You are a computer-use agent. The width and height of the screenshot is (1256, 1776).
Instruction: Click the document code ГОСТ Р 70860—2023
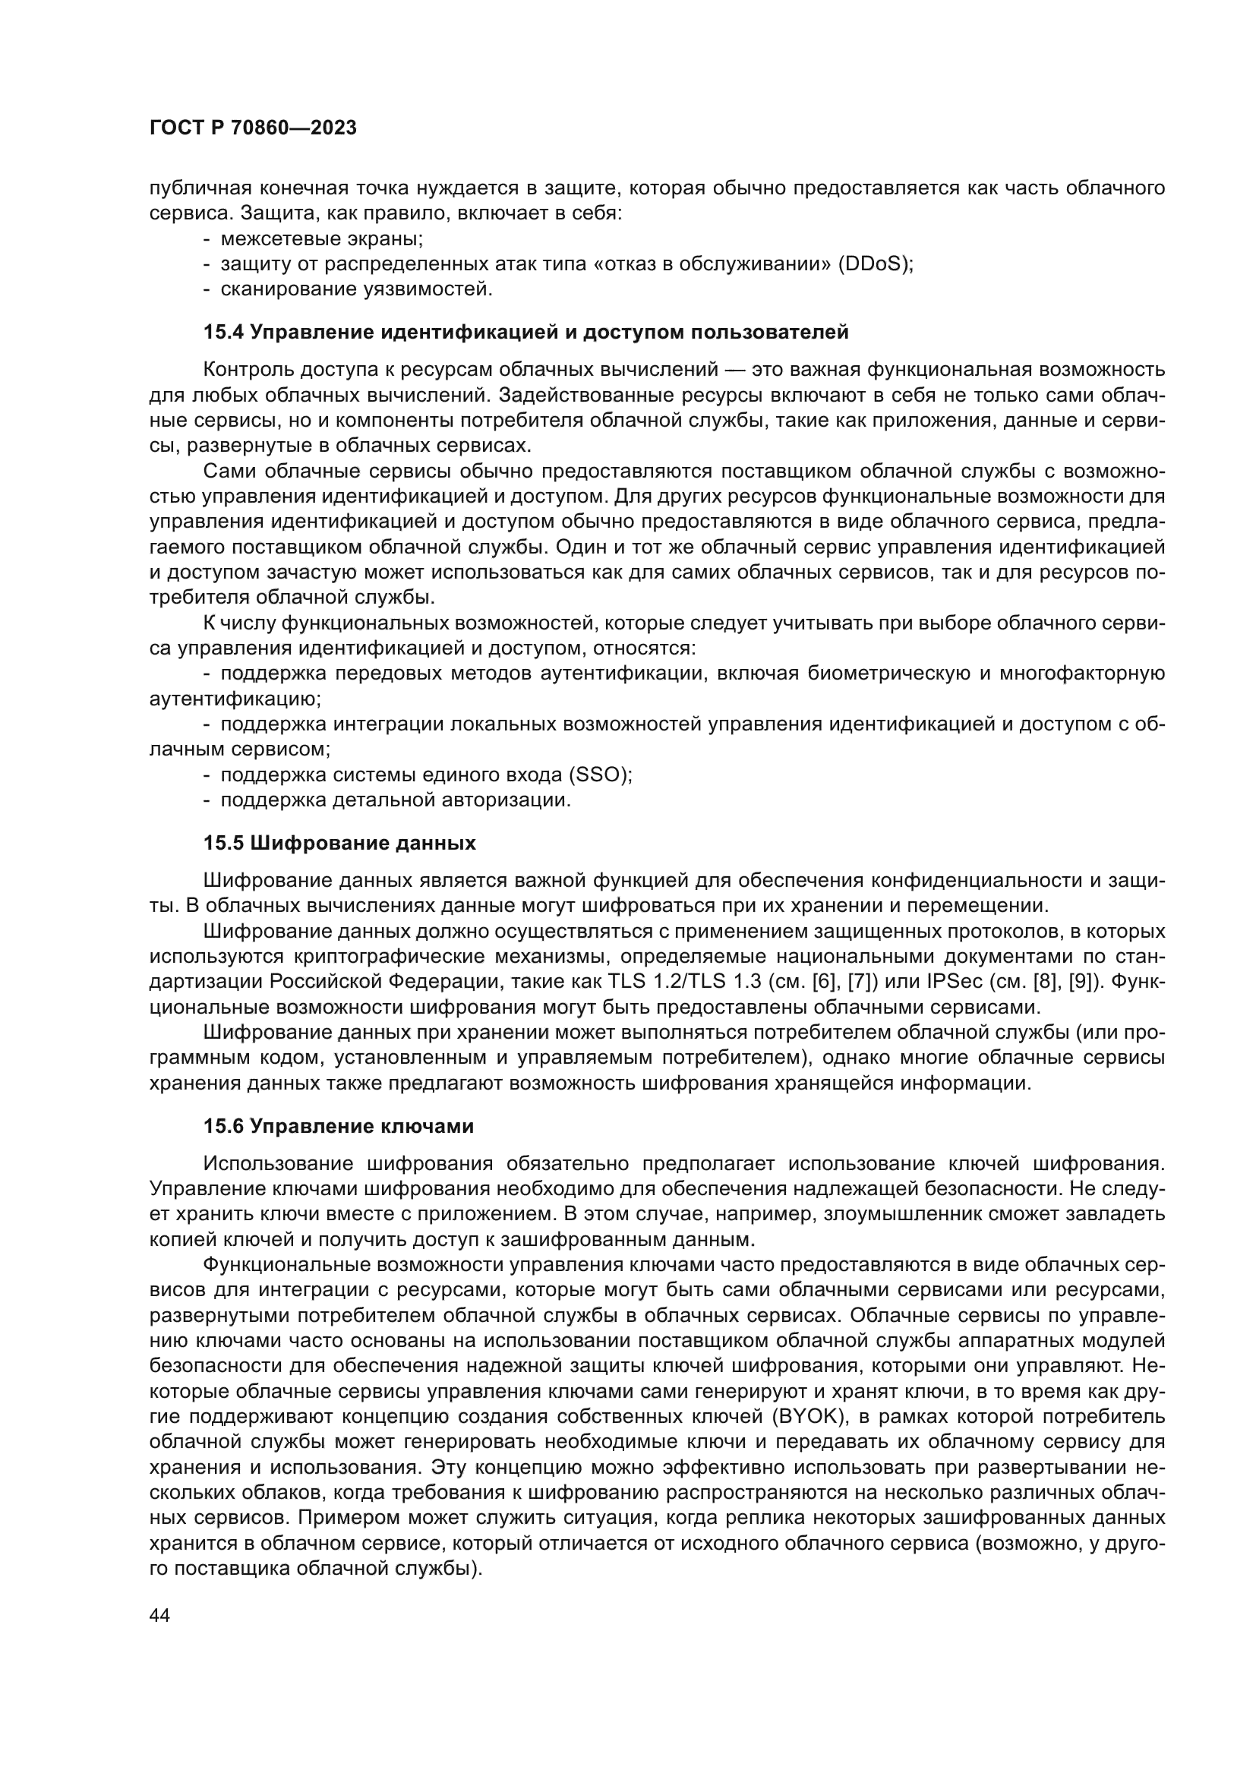(253, 128)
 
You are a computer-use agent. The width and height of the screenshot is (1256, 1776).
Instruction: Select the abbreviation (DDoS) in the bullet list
(874, 263)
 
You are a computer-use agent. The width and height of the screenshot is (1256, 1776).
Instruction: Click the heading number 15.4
(223, 333)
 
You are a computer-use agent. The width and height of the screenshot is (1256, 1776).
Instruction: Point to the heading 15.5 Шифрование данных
(339, 843)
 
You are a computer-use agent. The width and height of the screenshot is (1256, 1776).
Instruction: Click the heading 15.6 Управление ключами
(338, 1127)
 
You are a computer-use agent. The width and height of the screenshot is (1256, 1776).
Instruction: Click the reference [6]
(825, 983)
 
